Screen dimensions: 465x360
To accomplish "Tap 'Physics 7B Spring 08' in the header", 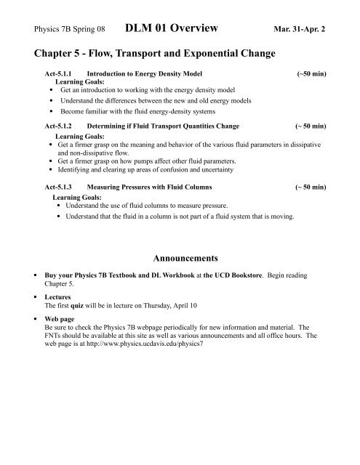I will tap(65, 31).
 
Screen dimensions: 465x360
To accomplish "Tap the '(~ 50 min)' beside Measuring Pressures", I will tap(310, 187).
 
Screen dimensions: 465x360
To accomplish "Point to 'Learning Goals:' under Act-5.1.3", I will tap(77, 196).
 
